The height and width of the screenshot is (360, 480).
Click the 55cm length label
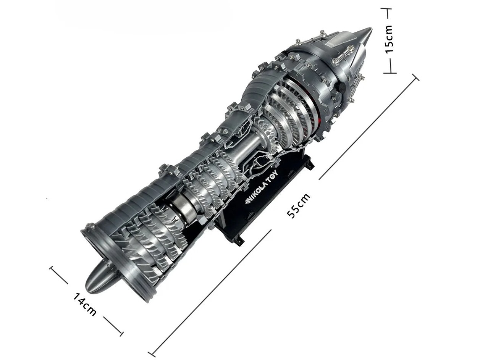[298, 206]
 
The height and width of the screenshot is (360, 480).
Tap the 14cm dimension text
[84, 304]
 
